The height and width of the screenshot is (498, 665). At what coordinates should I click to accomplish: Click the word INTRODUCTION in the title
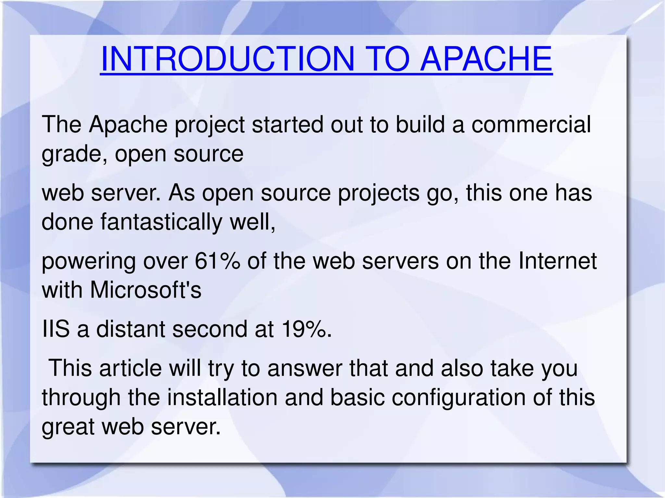[x=227, y=59]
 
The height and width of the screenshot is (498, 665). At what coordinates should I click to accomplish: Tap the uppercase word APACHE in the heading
[x=486, y=59]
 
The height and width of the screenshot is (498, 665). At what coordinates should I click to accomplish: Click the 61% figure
[x=217, y=261]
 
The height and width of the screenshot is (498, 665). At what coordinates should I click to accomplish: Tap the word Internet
[x=557, y=261]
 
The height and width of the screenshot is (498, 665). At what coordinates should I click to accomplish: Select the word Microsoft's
[x=145, y=290]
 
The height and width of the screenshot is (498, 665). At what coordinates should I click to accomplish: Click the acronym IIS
[x=56, y=329]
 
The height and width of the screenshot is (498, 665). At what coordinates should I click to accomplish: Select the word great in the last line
[x=68, y=427]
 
